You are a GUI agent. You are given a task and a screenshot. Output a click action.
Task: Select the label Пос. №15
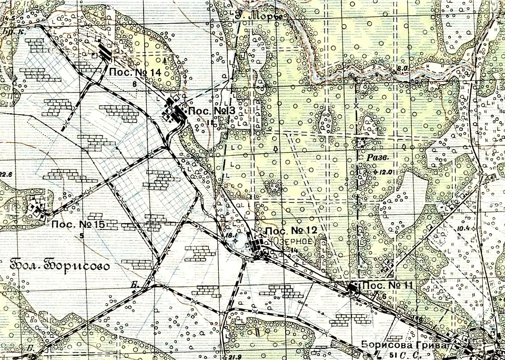pyautogui.click(x=78, y=225)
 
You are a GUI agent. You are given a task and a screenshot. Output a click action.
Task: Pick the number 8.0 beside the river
pyautogui.click(x=403, y=68)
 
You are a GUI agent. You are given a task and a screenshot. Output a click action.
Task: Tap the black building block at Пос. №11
pyautogui.click(x=352, y=287)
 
